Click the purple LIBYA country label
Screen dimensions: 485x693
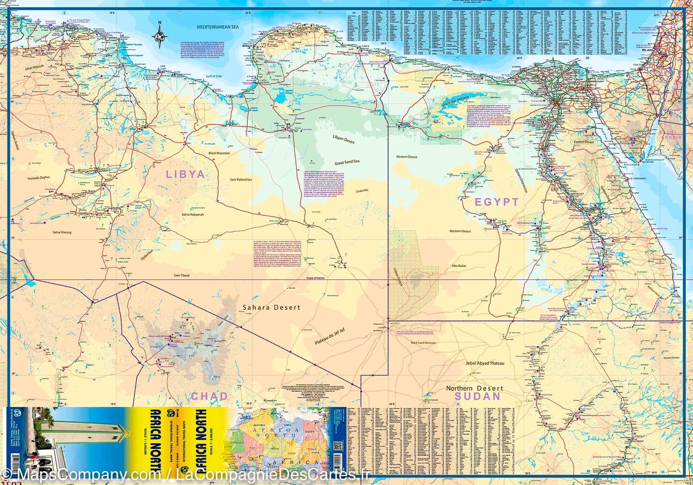tap(185, 174)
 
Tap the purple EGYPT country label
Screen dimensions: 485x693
tap(497, 202)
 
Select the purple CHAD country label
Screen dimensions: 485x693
tap(209, 396)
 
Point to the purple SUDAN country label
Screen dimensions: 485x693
tap(477, 396)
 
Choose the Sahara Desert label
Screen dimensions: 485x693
tap(272, 307)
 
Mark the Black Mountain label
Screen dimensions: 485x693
tap(219, 153)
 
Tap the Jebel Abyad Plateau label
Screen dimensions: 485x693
tap(485, 364)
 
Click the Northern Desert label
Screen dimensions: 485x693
tap(474, 388)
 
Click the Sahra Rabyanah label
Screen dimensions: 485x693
tap(192, 214)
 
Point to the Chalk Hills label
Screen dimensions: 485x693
tap(361, 190)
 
